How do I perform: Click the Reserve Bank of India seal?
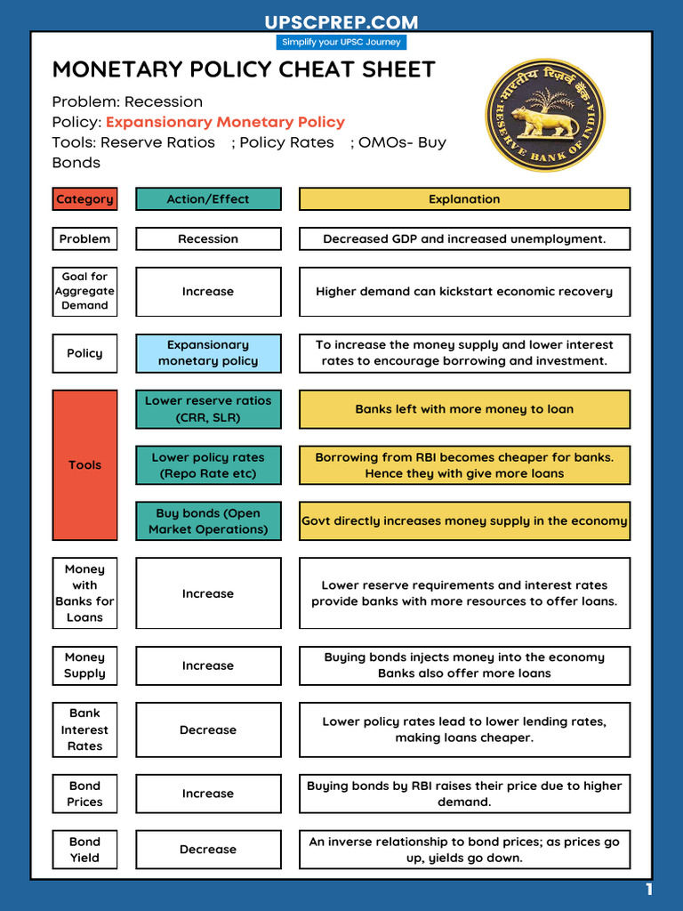(544, 115)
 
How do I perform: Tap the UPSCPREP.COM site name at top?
(341, 22)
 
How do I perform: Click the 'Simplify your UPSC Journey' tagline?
(341, 42)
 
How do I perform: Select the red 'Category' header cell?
(84, 199)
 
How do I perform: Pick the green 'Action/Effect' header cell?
(208, 199)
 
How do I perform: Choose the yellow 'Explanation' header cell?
(464, 199)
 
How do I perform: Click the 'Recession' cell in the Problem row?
(208, 238)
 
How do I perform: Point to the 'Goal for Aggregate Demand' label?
(84, 291)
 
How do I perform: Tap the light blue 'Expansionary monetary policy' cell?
(208, 352)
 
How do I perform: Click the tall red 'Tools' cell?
(84, 464)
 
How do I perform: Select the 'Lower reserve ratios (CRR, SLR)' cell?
(208, 408)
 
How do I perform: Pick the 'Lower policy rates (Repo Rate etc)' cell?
(208, 464)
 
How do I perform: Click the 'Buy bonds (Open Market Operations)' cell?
(208, 520)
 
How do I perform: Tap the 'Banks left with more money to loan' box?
(464, 409)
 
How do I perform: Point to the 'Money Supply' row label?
(84, 665)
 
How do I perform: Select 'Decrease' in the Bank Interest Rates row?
(208, 730)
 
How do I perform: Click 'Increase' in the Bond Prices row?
(208, 794)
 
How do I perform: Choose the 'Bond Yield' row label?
(84, 850)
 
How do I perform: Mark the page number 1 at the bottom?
(649, 890)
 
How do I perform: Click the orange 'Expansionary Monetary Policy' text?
(225, 122)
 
